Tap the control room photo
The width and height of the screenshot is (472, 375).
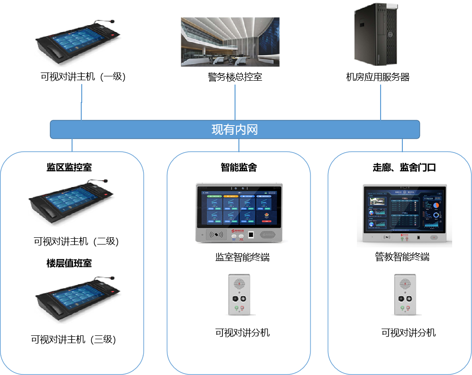tap(230, 42)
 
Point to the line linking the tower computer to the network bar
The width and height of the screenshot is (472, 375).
tap(381, 102)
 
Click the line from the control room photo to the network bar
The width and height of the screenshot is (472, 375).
tap(235, 102)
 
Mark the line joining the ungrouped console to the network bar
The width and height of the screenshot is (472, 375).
tap(82, 102)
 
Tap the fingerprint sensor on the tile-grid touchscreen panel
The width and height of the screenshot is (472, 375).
tap(250, 235)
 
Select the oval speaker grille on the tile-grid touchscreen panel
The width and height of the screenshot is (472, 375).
tap(267, 235)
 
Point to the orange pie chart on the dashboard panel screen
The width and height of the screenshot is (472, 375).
tap(436, 205)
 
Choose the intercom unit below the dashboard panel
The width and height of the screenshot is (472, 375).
tap(405, 293)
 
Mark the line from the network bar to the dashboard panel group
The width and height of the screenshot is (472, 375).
tap(402, 145)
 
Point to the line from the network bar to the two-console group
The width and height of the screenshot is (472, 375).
tap(72, 145)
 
